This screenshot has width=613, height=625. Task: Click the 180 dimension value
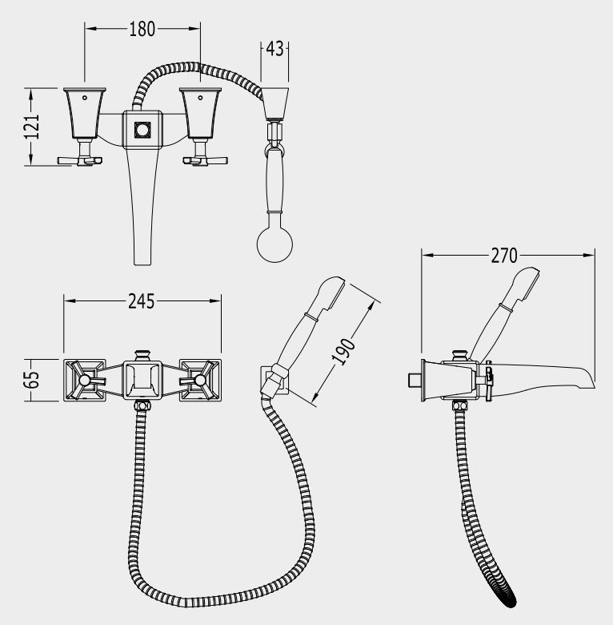point(142,29)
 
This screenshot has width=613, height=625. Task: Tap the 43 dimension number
point(274,49)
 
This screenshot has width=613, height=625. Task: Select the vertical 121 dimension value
point(32,127)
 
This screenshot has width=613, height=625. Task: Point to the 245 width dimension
point(142,302)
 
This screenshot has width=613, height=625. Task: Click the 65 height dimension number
point(32,380)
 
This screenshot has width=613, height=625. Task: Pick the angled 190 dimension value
point(343,352)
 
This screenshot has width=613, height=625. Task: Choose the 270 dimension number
point(504,256)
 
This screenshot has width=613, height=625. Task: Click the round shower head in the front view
point(274,244)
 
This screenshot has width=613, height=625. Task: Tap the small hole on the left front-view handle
point(85,98)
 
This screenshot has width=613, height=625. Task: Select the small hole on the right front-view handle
point(201,98)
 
